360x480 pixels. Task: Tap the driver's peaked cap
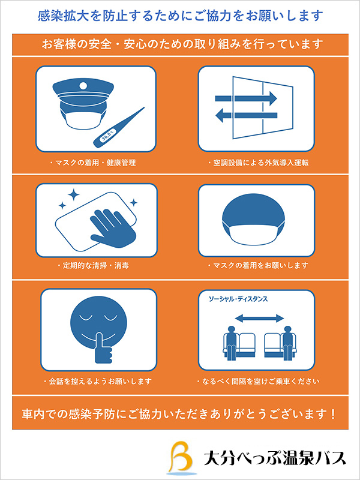83,91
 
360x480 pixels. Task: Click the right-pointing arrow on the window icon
246,98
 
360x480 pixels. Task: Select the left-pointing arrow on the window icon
246,115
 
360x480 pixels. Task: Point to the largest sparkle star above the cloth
73,194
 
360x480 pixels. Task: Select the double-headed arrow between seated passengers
260,319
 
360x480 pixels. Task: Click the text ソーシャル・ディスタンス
238,299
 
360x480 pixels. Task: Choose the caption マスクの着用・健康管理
93,163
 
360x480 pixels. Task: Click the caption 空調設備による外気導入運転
258,163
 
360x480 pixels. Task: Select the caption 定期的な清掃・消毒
93,265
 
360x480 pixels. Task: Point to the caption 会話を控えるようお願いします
97,382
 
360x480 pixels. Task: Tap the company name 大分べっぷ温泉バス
275,458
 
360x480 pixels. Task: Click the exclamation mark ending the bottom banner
333,414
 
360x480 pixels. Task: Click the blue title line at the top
180,15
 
